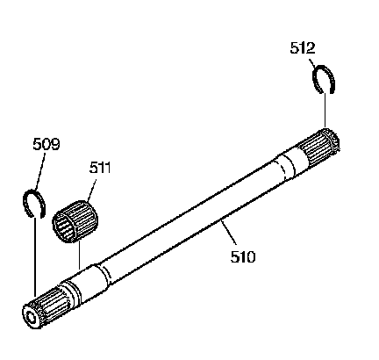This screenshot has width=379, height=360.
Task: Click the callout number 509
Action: coord(46,144)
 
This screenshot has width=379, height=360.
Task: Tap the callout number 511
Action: coord(100,168)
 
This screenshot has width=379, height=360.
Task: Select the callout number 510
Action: coord(243,256)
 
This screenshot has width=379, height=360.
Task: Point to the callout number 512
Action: coord(303,48)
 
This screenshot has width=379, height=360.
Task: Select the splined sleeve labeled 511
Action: coord(75,221)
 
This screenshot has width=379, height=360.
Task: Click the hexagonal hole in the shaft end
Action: coord(30,317)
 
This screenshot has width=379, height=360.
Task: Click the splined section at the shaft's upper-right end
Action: coord(319,147)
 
